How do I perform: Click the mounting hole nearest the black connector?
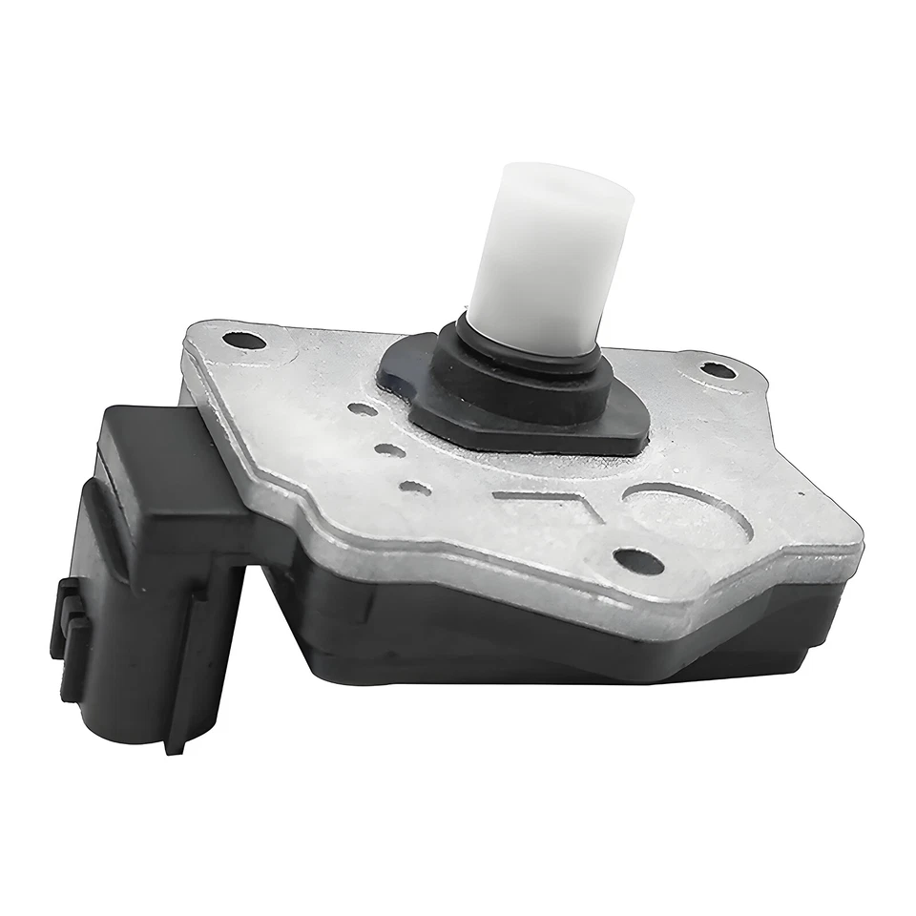coord(242,340)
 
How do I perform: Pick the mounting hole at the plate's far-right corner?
coord(718,369)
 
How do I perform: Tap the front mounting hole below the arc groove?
coord(637,560)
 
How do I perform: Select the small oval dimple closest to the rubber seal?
coord(361,409)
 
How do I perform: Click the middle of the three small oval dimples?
coord(388,449)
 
